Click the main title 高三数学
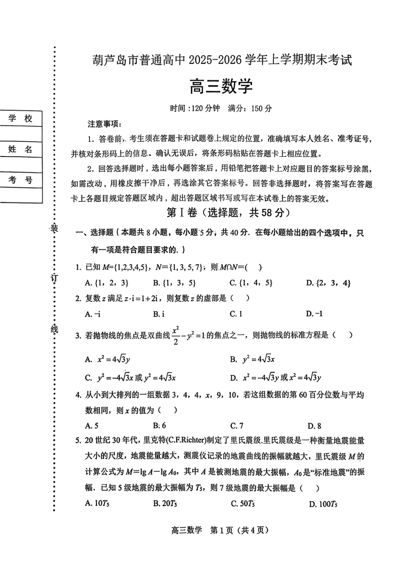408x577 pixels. click(x=221, y=86)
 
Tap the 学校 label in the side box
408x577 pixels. click(x=20, y=119)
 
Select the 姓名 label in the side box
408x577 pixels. click(x=20, y=149)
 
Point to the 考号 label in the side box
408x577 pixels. click(x=20, y=180)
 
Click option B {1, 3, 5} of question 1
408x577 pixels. click(x=175, y=283)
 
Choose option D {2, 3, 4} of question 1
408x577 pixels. click(x=328, y=283)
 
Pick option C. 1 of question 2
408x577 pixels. click(x=236, y=314)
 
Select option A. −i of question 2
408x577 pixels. click(x=93, y=314)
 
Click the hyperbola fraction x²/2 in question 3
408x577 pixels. click(x=176, y=336)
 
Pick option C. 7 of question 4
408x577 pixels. click(x=237, y=426)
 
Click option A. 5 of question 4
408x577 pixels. click(x=92, y=426)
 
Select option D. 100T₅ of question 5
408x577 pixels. click(x=323, y=504)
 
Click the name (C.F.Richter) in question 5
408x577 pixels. click(x=185, y=441)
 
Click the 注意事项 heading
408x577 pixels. click(x=104, y=124)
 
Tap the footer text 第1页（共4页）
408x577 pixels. click(x=239, y=530)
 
